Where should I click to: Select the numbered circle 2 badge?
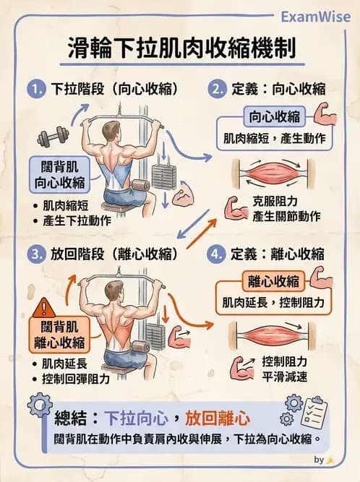pos(215,90)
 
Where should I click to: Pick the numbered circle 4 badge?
pos(215,254)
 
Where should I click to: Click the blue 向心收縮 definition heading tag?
pos(277,116)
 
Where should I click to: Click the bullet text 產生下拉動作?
pos(77,220)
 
